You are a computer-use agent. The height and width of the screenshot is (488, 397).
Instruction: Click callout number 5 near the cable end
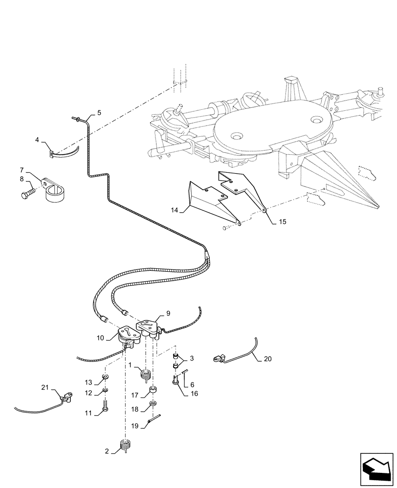[99, 113]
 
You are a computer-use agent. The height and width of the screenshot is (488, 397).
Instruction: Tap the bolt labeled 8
[26, 195]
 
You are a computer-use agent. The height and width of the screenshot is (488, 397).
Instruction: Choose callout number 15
[282, 221]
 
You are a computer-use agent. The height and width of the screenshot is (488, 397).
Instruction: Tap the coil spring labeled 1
[146, 375]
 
